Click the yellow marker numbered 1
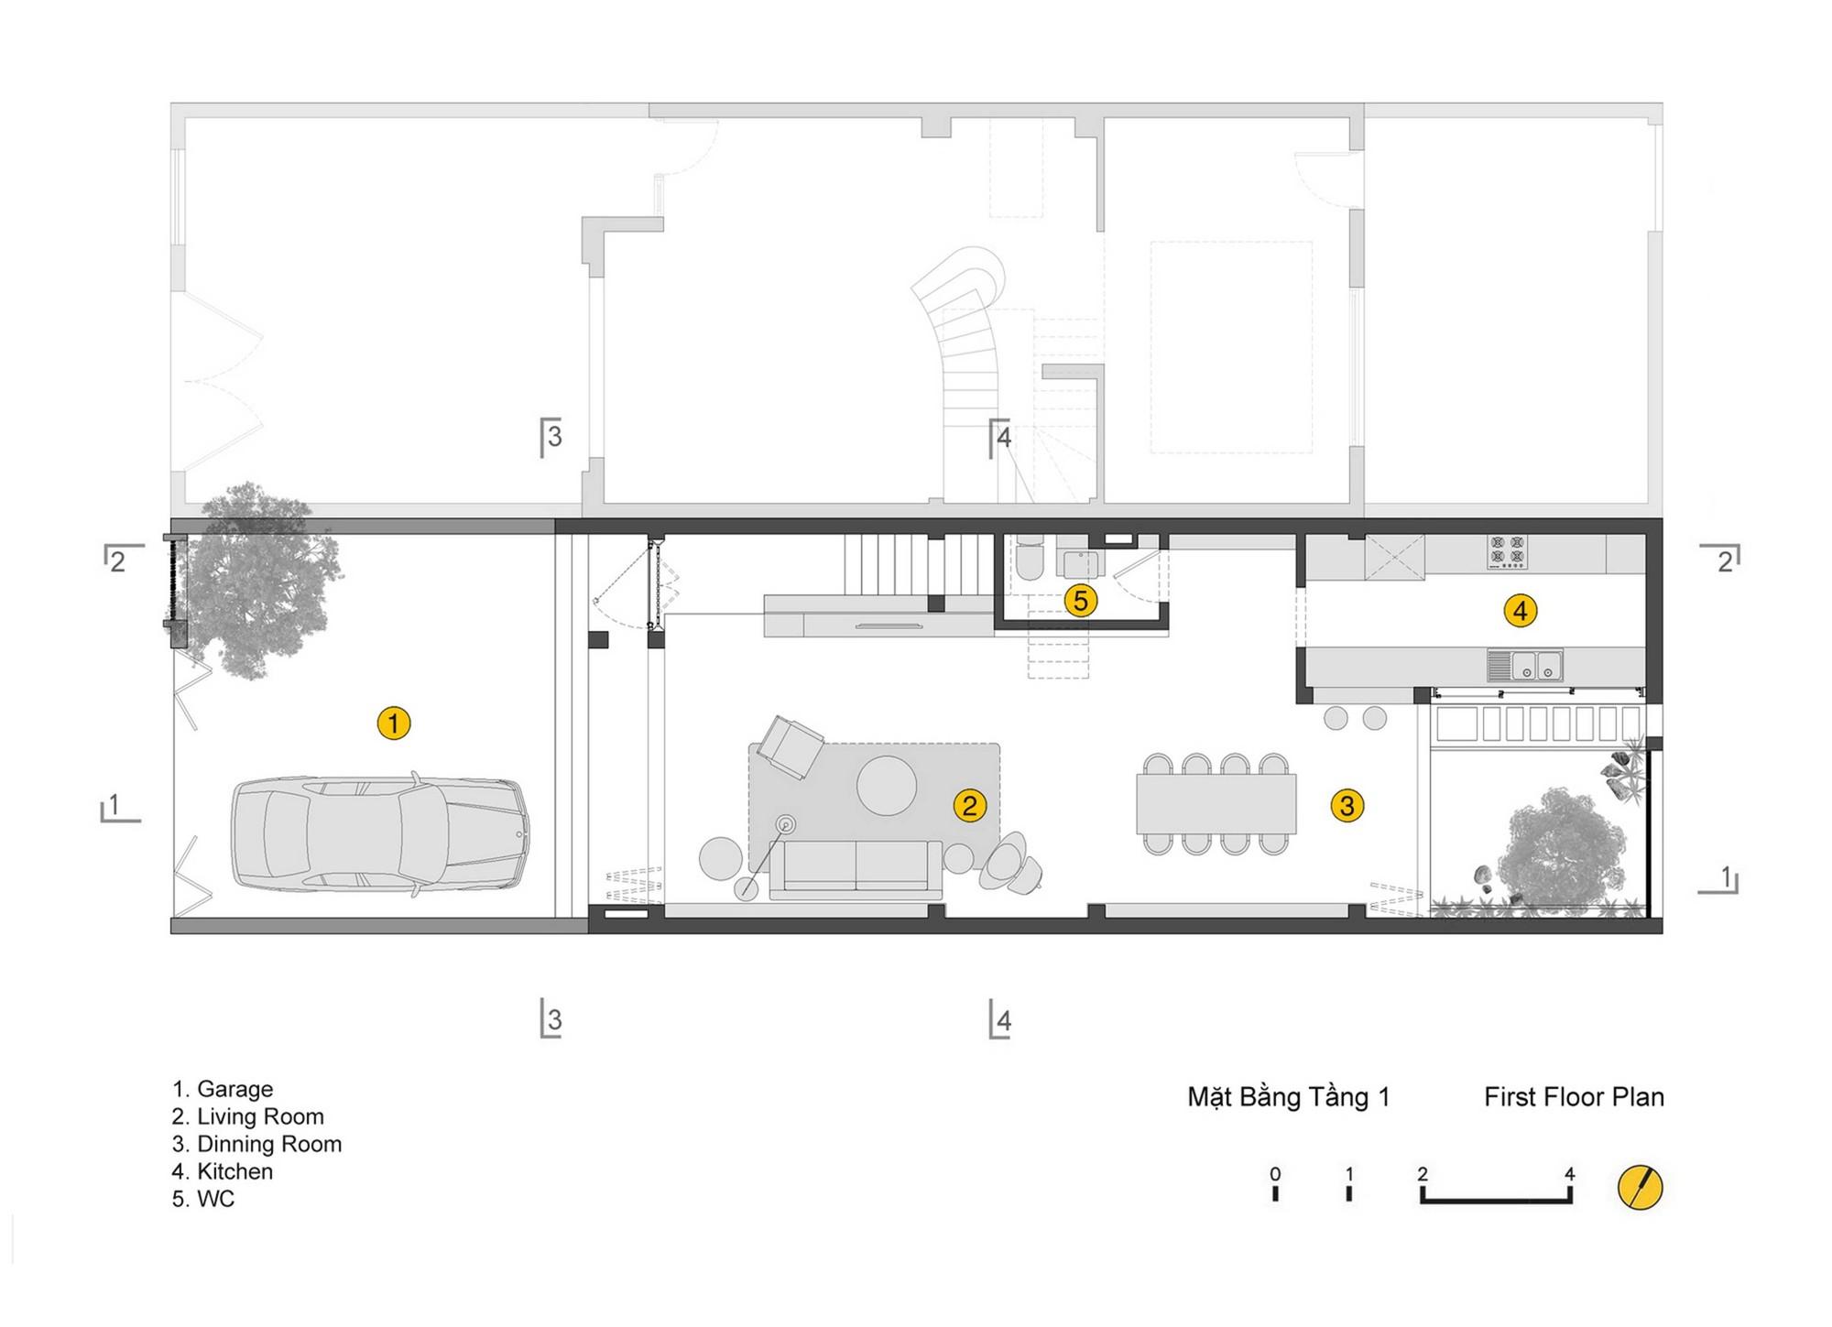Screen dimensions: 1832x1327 [394, 723]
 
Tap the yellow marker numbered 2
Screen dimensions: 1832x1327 [969, 806]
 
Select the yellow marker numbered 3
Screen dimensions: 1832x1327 [1347, 806]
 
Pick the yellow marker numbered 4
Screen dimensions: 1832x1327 [1521, 611]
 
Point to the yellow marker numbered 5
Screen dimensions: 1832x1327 [1081, 602]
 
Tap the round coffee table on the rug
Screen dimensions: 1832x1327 [887, 785]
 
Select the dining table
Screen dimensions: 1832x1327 [1216, 804]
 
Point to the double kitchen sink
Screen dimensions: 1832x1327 [1526, 665]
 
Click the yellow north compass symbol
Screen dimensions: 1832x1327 [1640, 1188]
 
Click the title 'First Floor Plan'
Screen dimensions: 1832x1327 [1574, 1097]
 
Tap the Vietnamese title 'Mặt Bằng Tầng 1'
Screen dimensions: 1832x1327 [1289, 1097]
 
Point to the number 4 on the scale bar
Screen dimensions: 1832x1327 [1570, 1174]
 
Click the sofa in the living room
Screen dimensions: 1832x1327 [856, 869]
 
